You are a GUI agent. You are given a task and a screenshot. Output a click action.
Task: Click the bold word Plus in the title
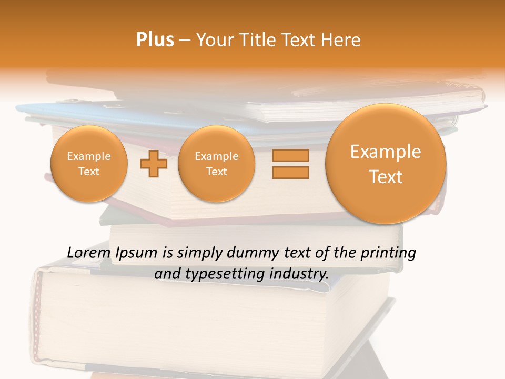tap(155, 40)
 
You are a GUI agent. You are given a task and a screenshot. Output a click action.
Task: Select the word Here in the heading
tap(341, 40)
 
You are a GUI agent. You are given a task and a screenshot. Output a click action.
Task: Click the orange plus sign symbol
tap(154, 164)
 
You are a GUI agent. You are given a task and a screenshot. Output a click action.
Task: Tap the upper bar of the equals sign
tap(290, 155)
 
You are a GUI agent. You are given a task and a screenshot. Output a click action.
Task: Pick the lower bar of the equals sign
tap(290, 172)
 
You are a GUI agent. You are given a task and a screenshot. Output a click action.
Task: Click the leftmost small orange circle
tap(89, 164)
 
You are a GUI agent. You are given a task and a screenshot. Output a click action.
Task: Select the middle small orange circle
tap(216, 164)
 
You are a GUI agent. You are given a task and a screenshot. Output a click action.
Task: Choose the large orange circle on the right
tap(386, 164)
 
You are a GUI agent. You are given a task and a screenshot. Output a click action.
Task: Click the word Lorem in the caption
tap(89, 253)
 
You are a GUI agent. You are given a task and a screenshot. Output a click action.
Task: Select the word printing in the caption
tap(389, 253)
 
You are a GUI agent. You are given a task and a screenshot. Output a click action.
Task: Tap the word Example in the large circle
tap(386, 152)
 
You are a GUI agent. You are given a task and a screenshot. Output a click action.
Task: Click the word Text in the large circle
tap(386, 177)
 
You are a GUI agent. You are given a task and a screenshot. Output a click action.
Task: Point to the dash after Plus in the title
tap(185, 41)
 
